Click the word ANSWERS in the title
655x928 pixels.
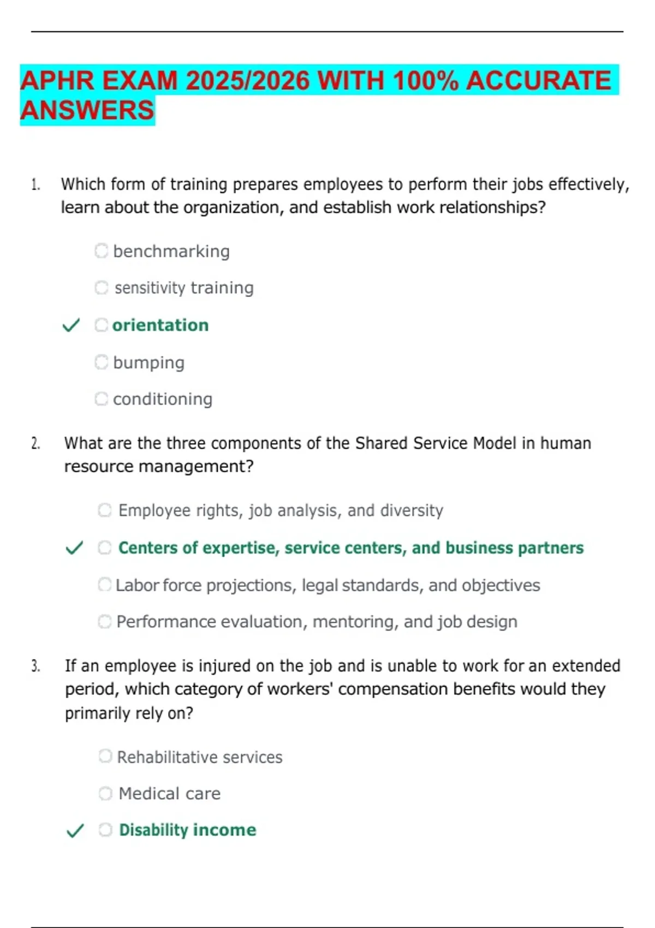(87, 110)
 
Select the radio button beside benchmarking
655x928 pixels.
(102, 251)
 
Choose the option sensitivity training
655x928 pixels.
(184, 288)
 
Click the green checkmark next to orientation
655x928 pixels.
(71, 325)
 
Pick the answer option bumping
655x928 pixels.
(148, 362)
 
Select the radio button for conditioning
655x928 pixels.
(102, 399)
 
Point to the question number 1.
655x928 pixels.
(35, 185)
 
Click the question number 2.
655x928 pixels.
(35, 443)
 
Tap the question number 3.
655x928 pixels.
(35, 666)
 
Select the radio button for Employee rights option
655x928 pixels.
(105, 510)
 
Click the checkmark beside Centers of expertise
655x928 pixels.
(74, 548)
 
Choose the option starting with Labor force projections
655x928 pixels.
(327, 585)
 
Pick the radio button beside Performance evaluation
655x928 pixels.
(105, 622)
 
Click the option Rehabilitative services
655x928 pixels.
(200, 757)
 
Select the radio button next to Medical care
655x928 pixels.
(105, 793)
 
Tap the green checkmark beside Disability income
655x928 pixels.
(75, 830)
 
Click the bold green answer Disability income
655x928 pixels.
(187, 830)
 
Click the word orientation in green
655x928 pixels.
(160, 325)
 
